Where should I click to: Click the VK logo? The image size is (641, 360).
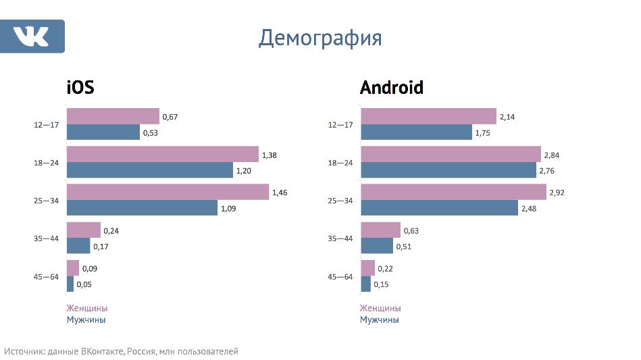pos(32,36)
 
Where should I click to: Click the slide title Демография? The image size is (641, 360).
pos(320,38)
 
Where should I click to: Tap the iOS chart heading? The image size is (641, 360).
pos(80,88)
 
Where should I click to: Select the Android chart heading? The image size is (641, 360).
pos(392,88)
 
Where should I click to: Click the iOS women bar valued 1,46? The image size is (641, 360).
pos(168,192)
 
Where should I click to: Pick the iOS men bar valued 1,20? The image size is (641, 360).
pos(149,170)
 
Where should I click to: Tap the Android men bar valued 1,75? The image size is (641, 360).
pos(416,132)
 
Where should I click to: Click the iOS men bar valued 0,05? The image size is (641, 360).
pos(70,284)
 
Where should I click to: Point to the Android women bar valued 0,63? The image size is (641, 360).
pos(380,230)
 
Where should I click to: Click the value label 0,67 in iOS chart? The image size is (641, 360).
pos(170,118)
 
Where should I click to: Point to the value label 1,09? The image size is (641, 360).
pos(228,209)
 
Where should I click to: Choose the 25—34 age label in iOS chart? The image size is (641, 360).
pos(47,201)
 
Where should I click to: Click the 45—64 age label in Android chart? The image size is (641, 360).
pos(340,276)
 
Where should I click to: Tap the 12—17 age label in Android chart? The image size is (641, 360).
pos(340,125)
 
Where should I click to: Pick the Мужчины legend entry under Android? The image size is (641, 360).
pos(379,319)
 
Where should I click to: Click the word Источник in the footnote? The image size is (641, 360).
pos(24,352)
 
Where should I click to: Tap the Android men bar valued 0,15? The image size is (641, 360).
pos(365,284)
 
